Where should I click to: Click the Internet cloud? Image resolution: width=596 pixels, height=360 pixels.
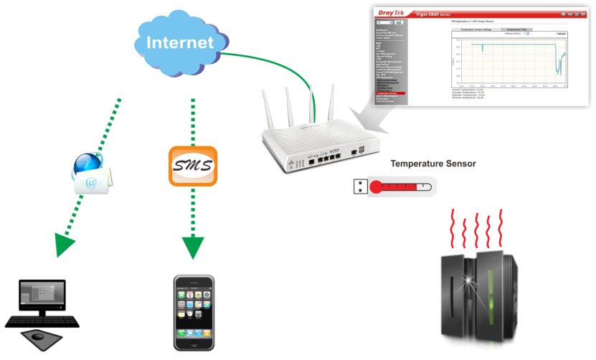point(180,42)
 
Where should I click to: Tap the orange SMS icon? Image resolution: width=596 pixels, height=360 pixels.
point(192,166)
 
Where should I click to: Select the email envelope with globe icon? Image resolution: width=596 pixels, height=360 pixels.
point(93,175)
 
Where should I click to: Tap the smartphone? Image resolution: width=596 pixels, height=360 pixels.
point(194,313)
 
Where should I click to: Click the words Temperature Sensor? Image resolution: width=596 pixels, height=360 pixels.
point(432,164)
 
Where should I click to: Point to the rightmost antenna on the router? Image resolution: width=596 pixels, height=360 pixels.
point(331,103)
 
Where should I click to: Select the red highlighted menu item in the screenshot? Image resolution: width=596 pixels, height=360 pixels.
point(390,93)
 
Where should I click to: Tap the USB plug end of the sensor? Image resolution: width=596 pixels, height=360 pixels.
point(359,187)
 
